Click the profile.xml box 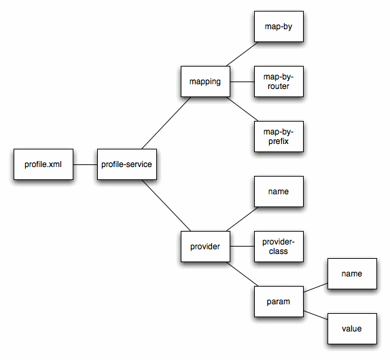(43, 164)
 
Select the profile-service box (126, 164)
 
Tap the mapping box (205, 82)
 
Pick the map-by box (278, 28)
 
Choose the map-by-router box (278, 82)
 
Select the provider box (205, 247)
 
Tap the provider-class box (278, 247)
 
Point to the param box (278, 300)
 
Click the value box (351, 328)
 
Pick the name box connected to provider (278, 192)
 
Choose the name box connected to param (351, 274)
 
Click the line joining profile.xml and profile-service (85, 164)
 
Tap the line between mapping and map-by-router (241, 82)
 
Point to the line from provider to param (241, 273)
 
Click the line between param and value (315, 314)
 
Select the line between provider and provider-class (241, 247)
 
